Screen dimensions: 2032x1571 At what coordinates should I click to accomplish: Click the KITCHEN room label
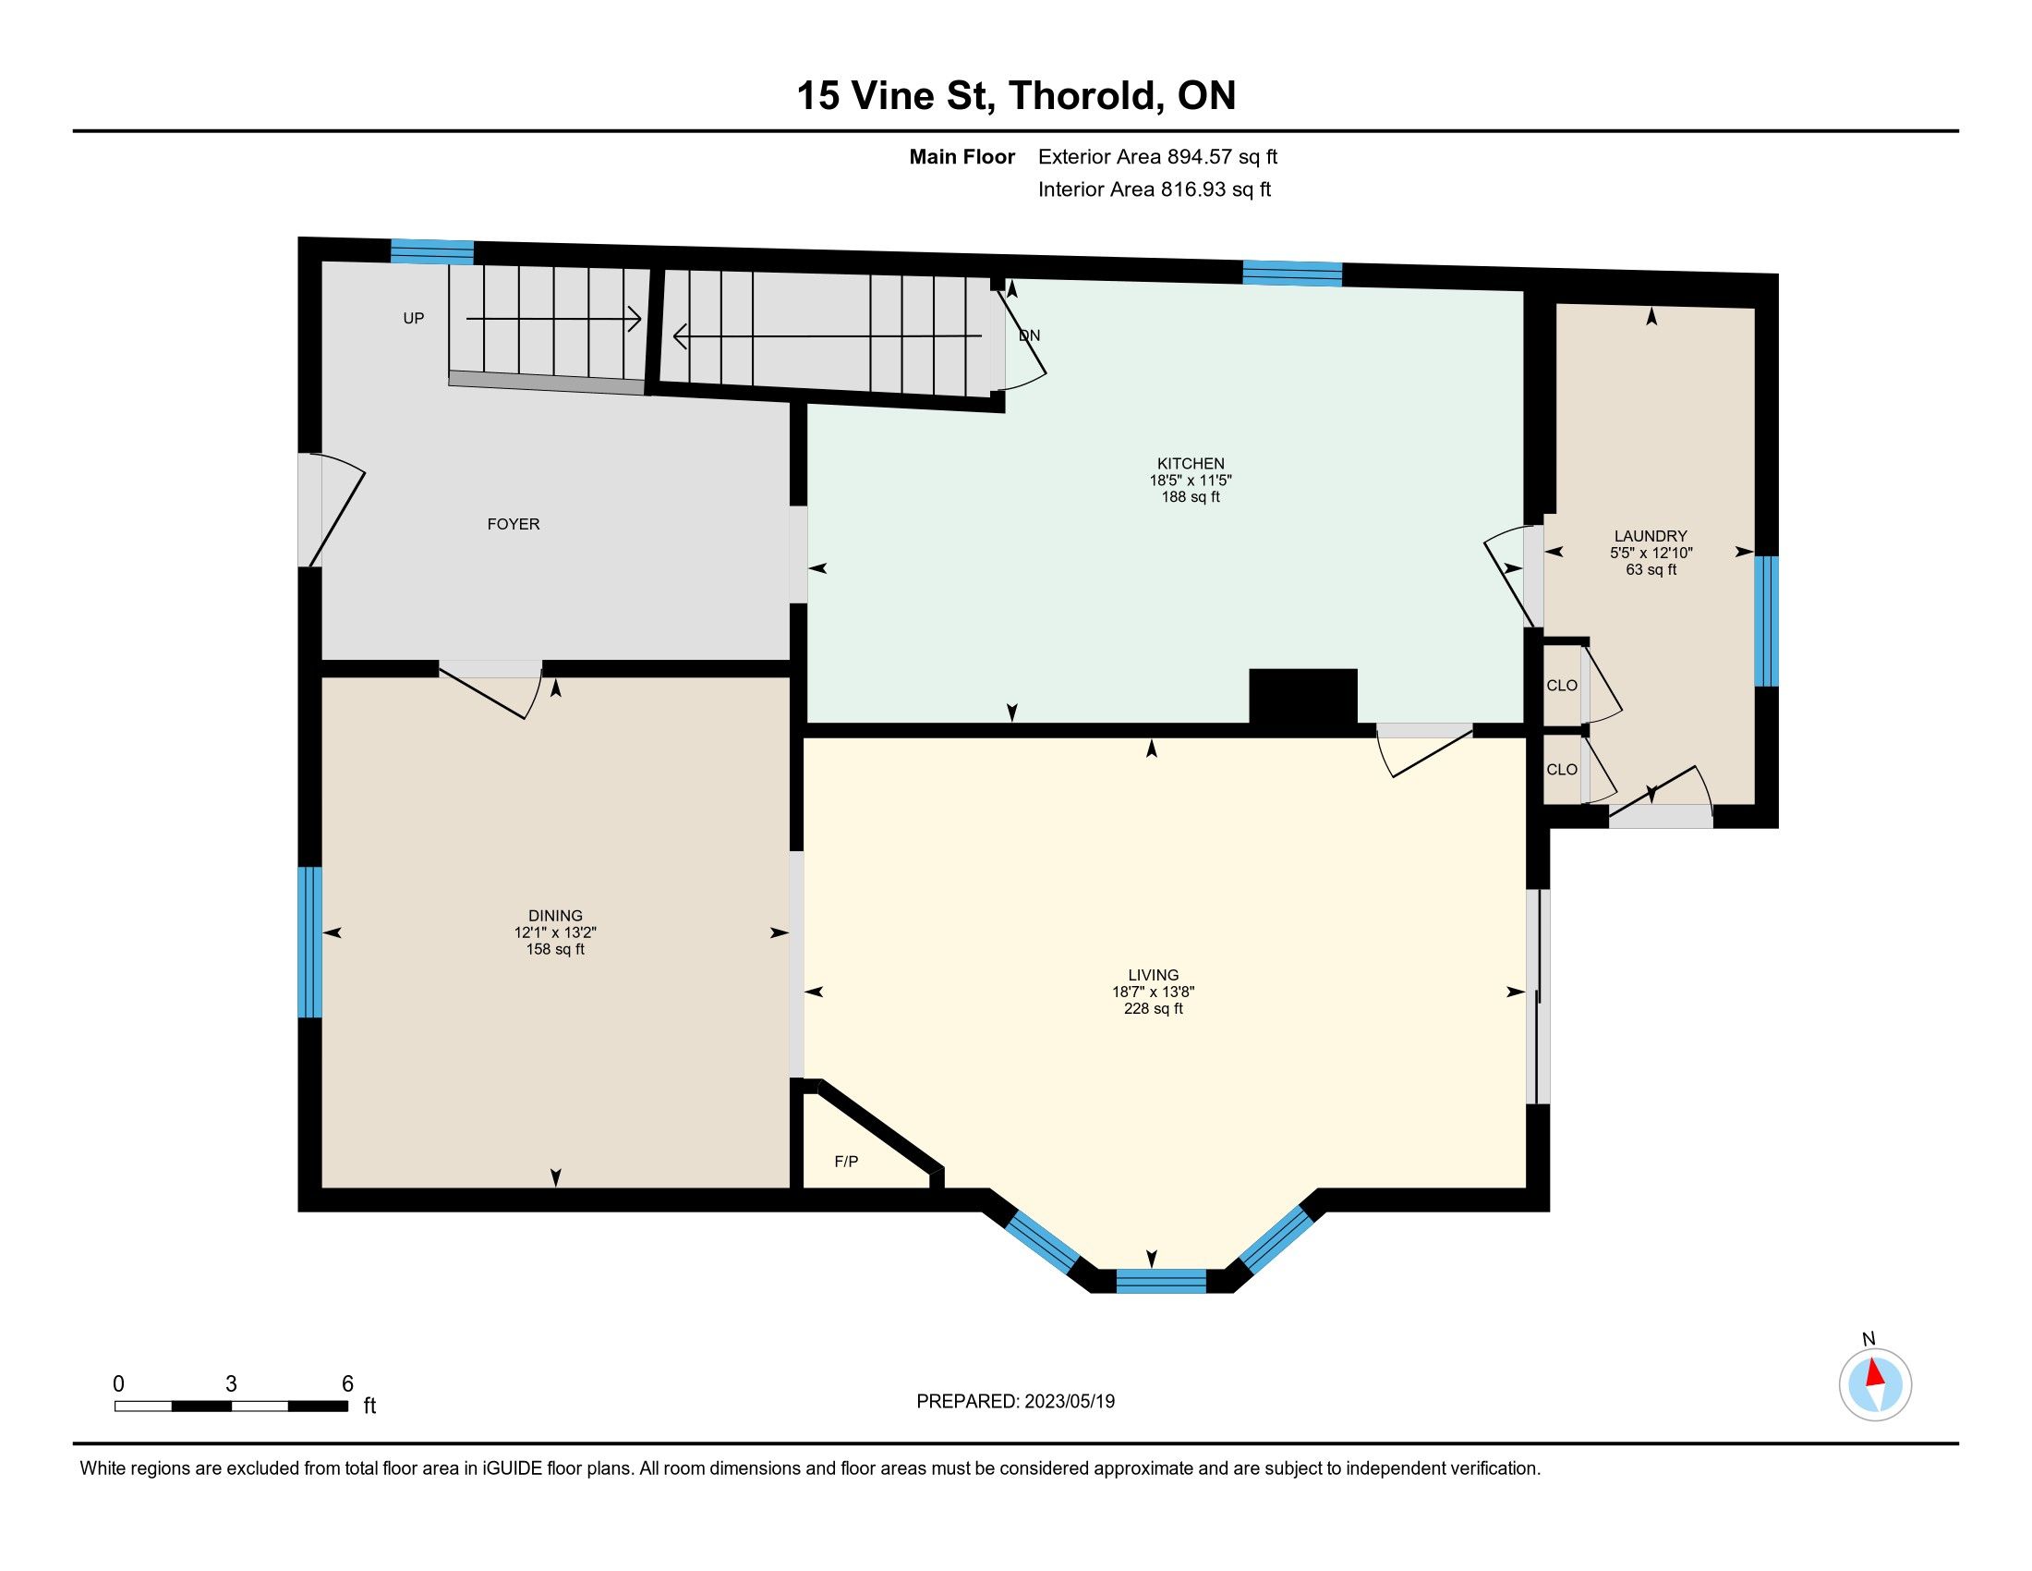click(1190, 464)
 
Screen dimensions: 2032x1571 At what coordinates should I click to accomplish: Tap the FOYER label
click(514, 524)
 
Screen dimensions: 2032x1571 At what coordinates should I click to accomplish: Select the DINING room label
click(555, 916)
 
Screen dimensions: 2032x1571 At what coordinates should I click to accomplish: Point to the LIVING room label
click(1154, 975)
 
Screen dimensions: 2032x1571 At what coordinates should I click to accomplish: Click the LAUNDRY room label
click(1651, 536)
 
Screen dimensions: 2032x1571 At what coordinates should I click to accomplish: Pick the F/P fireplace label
click(846, 1162)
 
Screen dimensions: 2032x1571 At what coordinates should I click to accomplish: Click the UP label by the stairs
click(413, 318)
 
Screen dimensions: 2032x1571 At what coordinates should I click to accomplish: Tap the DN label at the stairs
click(1029, 336)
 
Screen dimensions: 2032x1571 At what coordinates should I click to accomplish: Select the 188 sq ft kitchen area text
click(1190, 497)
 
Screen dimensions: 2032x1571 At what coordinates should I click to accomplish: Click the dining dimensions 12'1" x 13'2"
click(555, 932)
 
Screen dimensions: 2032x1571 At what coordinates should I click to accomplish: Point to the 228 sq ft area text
click(1154, 1009)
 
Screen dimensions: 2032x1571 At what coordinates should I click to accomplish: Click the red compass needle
click(1876, 1372)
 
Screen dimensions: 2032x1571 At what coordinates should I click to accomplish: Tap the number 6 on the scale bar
click(347, 1384)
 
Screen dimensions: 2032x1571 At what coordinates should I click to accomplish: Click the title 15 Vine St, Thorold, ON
click(1016, 95)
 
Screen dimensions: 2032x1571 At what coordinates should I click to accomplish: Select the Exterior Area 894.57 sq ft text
click(1157, 157)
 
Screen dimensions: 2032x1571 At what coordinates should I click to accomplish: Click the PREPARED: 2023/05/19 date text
click(1015, 1402)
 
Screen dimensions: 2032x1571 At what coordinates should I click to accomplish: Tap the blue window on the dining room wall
click(309, 942)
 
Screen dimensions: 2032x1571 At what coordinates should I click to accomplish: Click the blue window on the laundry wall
click(1766, 621)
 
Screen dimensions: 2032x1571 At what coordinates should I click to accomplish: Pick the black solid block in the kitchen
click(1302, 697)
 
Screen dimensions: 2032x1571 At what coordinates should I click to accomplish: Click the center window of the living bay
click(1160, 1281)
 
